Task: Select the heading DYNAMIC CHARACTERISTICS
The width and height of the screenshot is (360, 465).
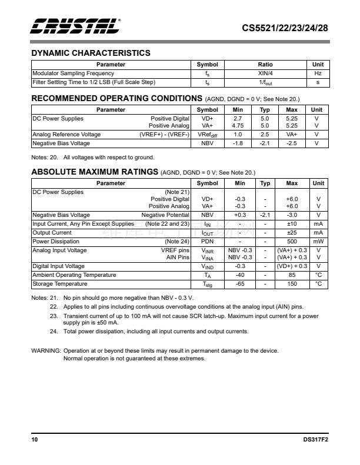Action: point(91,53)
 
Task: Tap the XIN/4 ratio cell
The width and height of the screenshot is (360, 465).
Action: point(265,73)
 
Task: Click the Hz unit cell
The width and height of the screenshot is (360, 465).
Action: point(318,73)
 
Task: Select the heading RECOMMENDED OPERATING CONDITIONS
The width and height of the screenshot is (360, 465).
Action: point(116,98)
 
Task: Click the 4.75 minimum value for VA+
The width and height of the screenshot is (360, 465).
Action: point(238,126)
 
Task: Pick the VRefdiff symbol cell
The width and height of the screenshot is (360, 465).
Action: point(207,135)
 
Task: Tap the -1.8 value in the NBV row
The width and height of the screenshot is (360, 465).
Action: point(238,143)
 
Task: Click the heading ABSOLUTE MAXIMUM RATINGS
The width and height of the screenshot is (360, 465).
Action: point(94,172)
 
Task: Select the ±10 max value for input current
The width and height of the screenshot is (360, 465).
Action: point(292,224)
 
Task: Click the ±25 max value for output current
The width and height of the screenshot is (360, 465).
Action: point(292,233)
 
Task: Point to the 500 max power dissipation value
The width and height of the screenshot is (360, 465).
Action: point(292,242)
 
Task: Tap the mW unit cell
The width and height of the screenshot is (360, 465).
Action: point(318,242)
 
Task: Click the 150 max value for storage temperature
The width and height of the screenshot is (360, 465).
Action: point(292,284)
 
